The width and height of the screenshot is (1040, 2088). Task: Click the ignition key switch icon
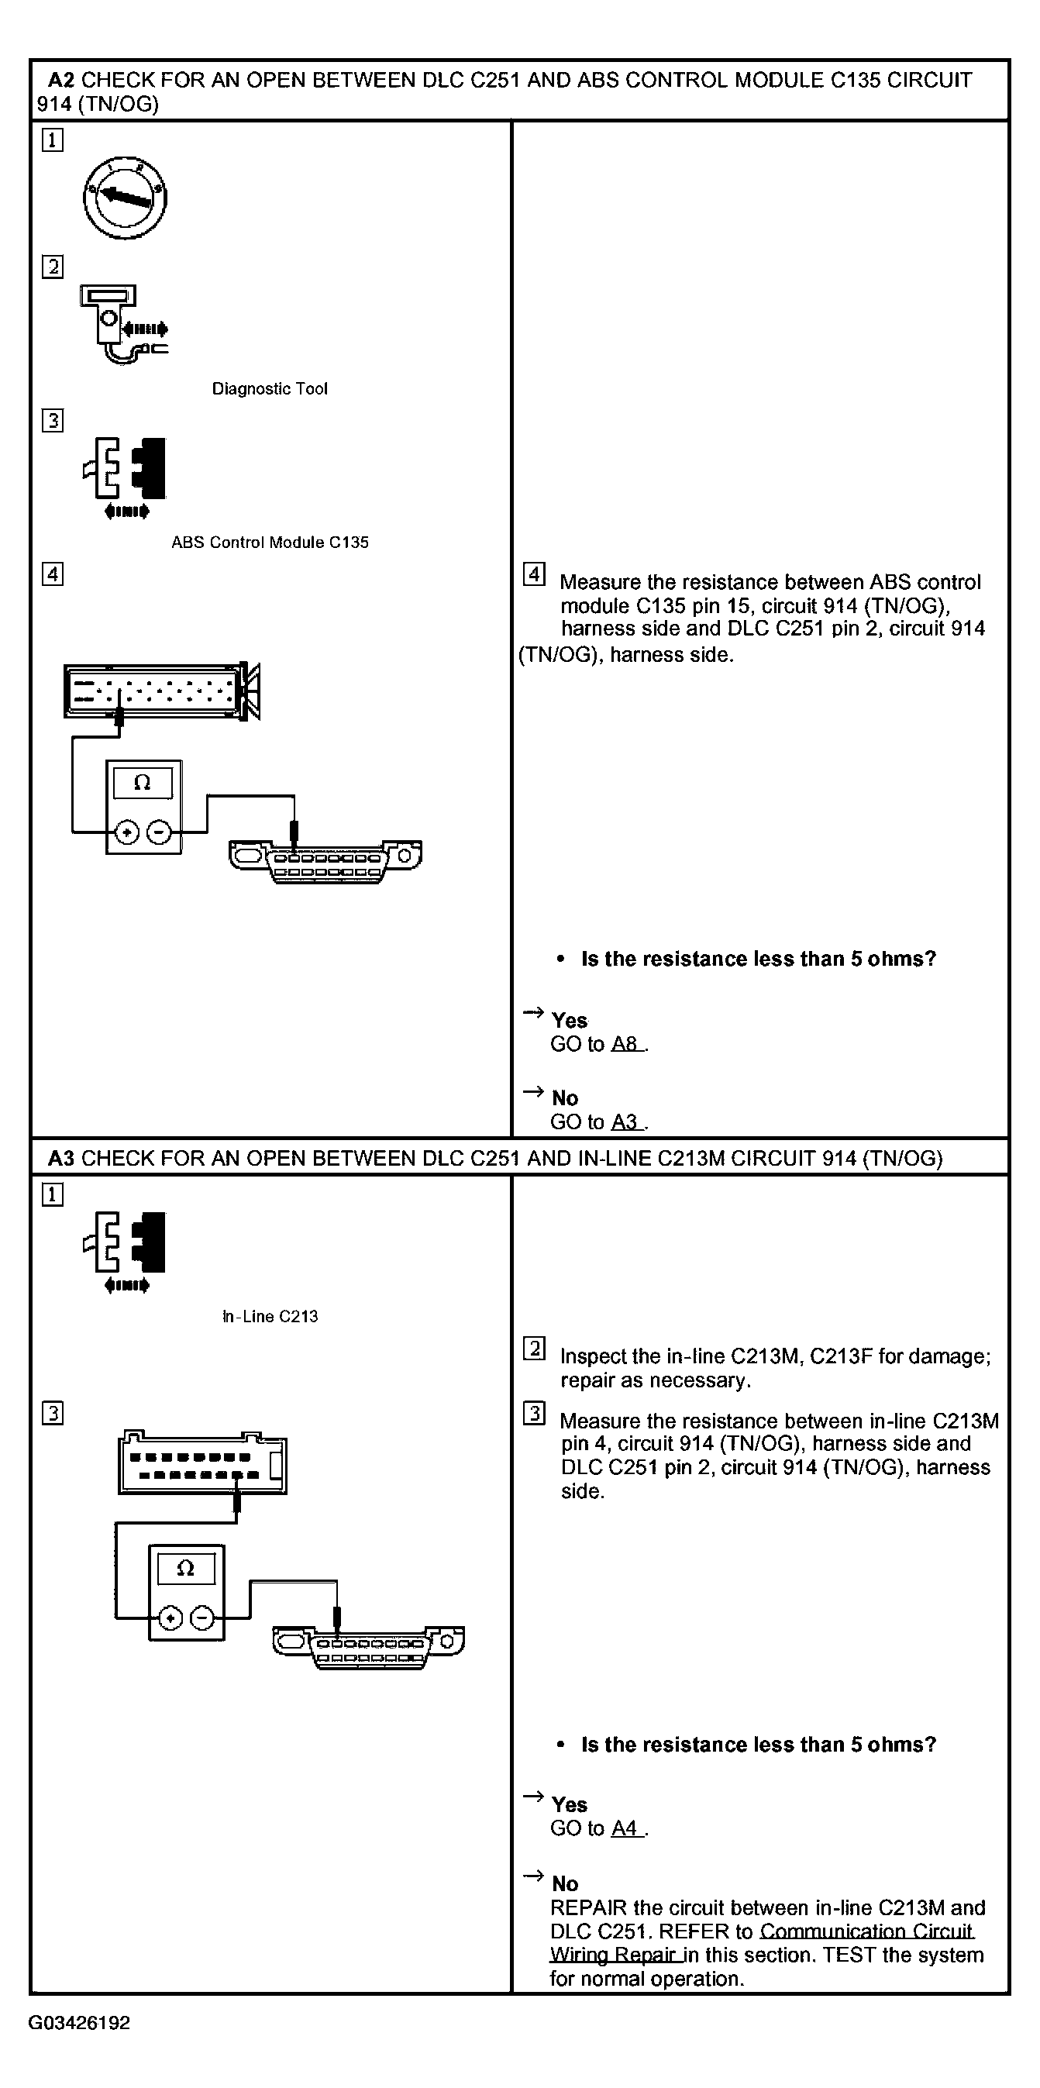click(125, 198)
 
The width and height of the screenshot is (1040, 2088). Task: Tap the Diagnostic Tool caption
click(269, 389)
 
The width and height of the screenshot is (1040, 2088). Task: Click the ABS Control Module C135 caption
click(269, 543)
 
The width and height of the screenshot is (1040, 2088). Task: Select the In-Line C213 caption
click(270, 1316)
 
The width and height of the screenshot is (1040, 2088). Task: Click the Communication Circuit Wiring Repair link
click(866, 1931)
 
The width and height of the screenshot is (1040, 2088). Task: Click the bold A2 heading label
click(61, 81)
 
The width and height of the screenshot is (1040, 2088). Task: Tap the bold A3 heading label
click(61, 1158)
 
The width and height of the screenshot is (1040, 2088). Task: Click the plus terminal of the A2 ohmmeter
click(126, 832)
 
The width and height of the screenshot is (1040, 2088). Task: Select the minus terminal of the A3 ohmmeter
click(201, 1618)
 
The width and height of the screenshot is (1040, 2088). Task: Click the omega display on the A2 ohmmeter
click(142, 783)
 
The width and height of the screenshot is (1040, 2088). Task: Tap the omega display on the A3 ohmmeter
click(186, 1569)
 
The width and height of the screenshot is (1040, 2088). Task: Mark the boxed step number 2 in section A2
click(53, 267)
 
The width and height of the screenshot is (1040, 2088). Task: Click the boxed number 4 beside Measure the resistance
click(533, 574)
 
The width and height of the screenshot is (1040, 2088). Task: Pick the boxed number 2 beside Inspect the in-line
click(533, 1348)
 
